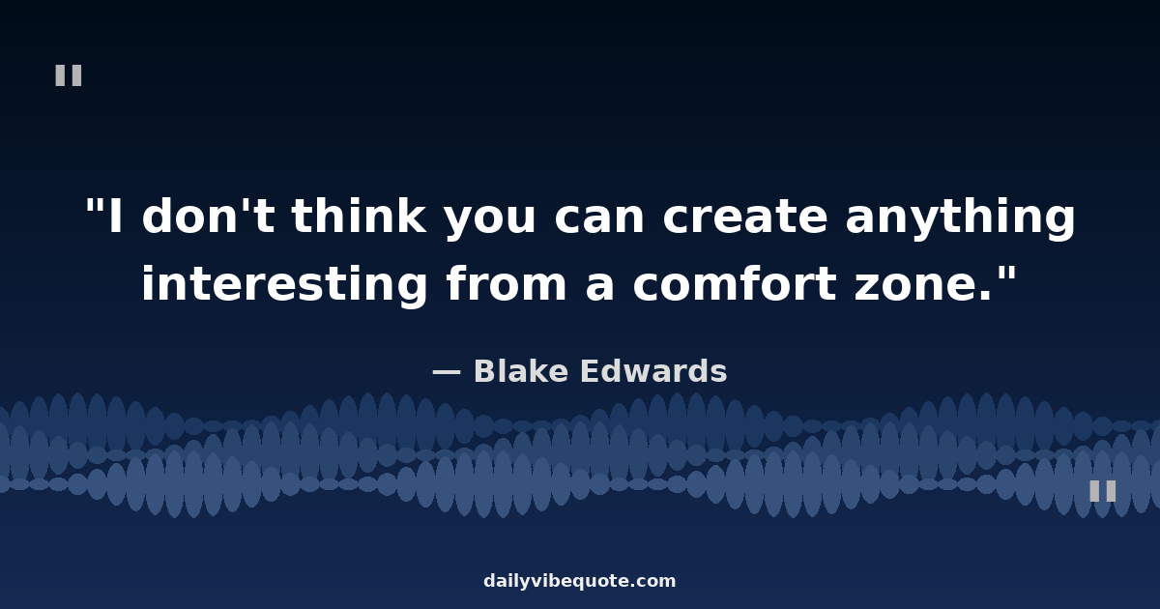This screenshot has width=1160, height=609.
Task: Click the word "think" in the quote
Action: [x=359, y=216]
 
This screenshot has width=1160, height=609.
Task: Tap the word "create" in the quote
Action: [x=744, y=217]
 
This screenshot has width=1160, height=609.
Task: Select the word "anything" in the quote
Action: [x=960, y=218]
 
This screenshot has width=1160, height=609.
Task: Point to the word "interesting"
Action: [x=284, y=284]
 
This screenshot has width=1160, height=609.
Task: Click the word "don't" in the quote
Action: [x=208, y=216]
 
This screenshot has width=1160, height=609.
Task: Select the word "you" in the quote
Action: [x=489, y=221]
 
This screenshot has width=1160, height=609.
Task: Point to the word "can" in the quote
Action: [x=598, y=218]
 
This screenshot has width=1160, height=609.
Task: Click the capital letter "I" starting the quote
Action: [x=116, y=217]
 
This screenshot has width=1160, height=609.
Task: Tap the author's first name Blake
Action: [x=520, y=371]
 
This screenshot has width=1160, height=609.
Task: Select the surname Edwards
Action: [x=653, y=371]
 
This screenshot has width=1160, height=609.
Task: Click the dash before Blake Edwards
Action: [x=447, y=372]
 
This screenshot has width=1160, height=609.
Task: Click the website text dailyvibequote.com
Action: [x=579, y=581]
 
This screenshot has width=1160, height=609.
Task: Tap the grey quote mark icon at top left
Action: [x=69, y=75]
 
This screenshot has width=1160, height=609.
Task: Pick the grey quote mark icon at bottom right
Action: [x=1103, y=491]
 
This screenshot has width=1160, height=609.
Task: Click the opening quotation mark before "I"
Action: [x=93, y=206]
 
